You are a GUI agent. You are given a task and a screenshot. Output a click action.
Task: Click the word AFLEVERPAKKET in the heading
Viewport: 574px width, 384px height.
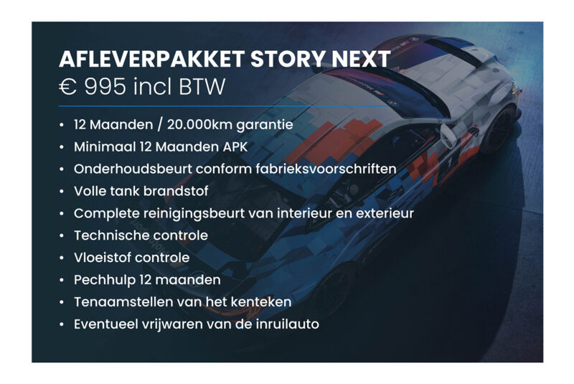point(152,59)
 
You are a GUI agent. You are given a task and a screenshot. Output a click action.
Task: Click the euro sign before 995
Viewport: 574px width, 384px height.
point(67,87)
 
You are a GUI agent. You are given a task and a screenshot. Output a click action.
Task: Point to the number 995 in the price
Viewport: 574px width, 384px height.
point(105,87)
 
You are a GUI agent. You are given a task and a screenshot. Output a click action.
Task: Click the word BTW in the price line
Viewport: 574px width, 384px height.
point(202,87)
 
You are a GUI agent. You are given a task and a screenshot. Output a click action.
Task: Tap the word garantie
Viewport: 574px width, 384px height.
point(265,125)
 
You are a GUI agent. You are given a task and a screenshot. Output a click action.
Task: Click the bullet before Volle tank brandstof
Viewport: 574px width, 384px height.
point(62,192)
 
